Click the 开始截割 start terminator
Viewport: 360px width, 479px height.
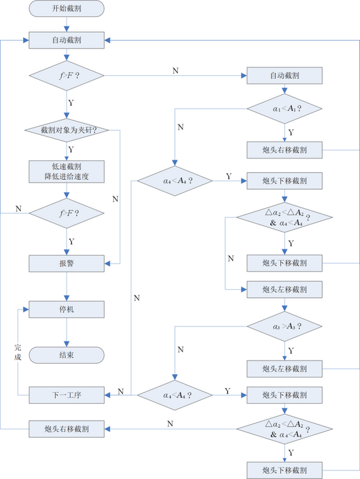tap(67, 9)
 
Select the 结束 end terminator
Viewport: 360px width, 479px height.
tap(67, 355)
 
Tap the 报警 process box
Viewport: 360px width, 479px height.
tap(67, 264)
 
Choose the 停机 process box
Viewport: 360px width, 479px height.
tap(67, 310)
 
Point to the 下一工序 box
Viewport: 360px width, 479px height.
tap(67, 395)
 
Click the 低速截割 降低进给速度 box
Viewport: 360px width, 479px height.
tap(67, 171)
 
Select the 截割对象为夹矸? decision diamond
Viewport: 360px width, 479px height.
tap(67, 130)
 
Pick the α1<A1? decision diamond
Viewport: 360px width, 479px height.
tap(285, 109)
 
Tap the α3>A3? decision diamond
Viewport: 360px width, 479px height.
tap(285, 327)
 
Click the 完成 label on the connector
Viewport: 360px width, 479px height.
tap(18, 352)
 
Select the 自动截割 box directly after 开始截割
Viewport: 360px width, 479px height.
tap(67, 41)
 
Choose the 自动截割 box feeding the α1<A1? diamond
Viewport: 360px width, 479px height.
tap(285, 75)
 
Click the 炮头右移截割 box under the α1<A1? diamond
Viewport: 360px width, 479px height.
tap(285, 150)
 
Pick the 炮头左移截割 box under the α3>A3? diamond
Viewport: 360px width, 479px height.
tap(285, 368)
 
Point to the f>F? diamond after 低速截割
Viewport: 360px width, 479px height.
tap(67, 213)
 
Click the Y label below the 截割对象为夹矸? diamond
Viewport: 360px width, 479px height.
tap(71, 150)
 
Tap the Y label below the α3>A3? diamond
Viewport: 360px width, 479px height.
tap(291, 350)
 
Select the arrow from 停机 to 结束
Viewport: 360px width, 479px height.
tap(67, 332)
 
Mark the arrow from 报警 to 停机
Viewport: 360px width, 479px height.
tap(67, 287)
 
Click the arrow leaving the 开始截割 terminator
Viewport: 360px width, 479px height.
tap(67, 24)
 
